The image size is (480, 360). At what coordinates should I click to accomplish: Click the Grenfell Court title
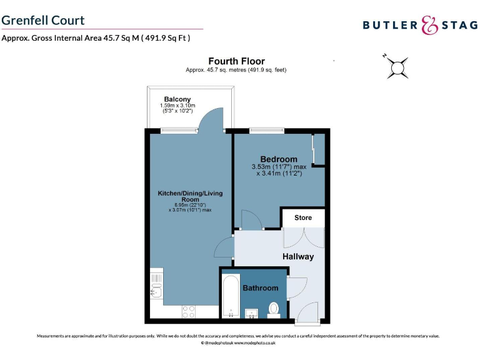(x=43, y=20)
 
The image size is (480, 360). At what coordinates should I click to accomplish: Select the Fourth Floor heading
(x=236, y=61)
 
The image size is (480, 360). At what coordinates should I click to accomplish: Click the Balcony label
(x=177, y=99)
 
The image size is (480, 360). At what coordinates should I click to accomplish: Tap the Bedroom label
(x=279, y=159)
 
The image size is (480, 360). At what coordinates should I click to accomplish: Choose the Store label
(x=303, y=218)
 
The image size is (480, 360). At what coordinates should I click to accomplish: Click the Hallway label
(x=298, y=256)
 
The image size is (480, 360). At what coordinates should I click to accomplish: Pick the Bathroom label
(x=261, y=288)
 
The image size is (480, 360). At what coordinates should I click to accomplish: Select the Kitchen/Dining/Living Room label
(x=190, y=196)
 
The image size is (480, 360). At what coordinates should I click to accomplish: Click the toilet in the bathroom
(x=274, y=308)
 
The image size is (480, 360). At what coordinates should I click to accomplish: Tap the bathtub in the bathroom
(x=231, y=297)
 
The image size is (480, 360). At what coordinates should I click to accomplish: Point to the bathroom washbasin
(x=254, y=313)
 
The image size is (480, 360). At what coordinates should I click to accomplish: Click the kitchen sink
(x=157, y=290)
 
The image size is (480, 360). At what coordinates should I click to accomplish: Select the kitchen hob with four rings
(x=189, y=311)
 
